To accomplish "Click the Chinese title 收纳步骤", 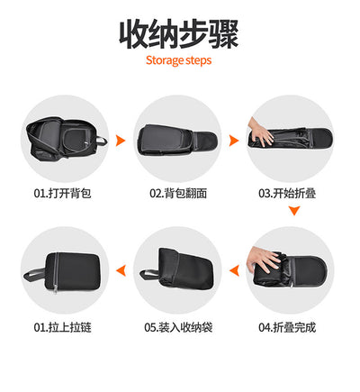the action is (179, 34).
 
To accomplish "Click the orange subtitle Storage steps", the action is (179, 60).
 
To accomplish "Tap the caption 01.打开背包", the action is (62, 193).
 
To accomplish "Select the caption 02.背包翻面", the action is (178, 193).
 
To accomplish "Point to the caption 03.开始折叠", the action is (287, 193).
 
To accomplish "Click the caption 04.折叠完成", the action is (287, 327).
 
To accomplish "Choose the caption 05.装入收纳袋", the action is (178, 327).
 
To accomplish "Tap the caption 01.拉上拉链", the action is (62, 327).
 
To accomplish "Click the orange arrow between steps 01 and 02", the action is (121, 141).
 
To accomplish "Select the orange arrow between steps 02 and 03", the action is (234, 141).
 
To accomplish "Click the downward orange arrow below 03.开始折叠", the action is (294, 211).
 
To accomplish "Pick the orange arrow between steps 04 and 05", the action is (235, 270).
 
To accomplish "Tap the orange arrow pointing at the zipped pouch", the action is (121, 270).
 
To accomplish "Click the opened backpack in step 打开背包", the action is (65, 139).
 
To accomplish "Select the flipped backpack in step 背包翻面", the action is (177, 140).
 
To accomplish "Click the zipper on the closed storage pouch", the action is (56, 272).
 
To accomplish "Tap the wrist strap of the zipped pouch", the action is (34, 274).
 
